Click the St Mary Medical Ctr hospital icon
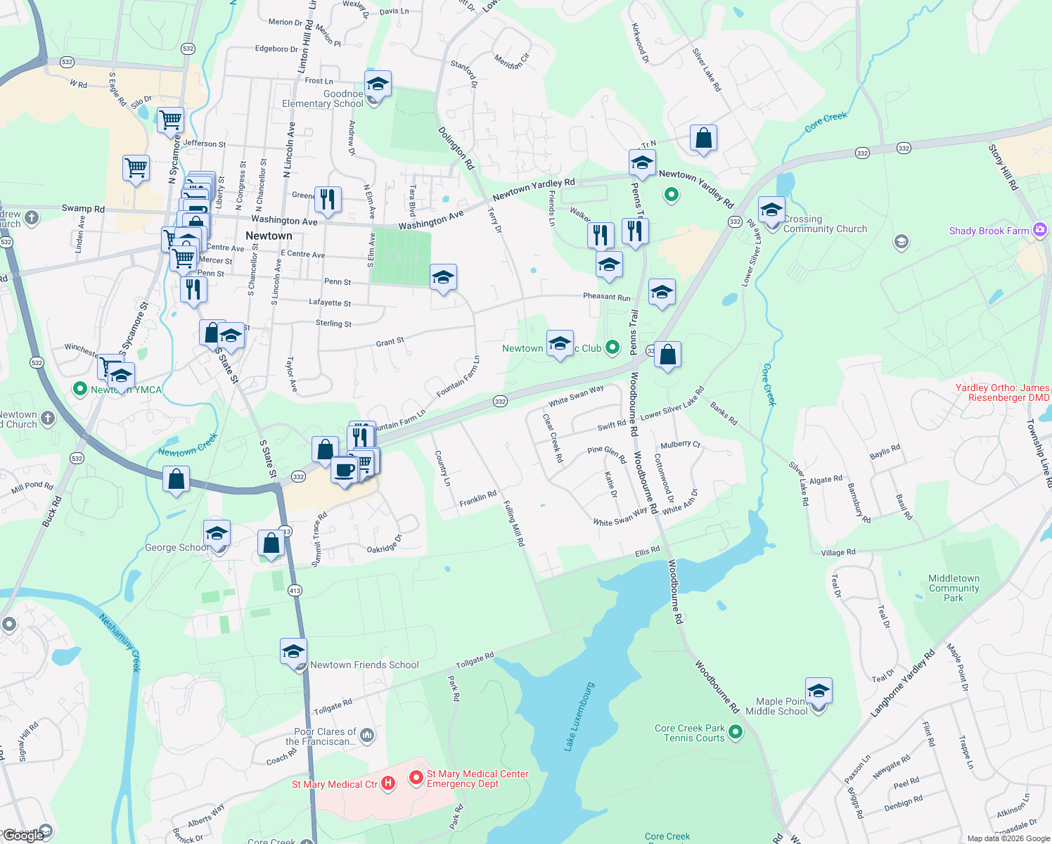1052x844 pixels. [x=387, y=784]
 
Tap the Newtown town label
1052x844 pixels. [x=269, y=236]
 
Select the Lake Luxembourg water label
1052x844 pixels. [x=579, y=717]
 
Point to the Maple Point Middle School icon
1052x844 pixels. [x=819, y=692]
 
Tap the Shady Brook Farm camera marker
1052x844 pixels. [x=1039, y=230]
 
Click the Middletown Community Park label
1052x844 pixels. [x=954, y=588]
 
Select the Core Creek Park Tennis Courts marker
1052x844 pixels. [x=736, y=732]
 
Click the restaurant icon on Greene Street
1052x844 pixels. [x=328, y=200]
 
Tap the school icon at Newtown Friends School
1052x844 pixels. [x=293, y=652]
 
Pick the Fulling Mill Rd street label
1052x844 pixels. [x=513, y=523]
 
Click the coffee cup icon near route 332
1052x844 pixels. [x=344, y=470]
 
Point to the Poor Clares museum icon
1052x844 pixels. [x=366, y=736]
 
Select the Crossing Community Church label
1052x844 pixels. [x=825, y=224]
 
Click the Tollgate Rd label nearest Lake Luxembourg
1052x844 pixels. [x=475, y=660]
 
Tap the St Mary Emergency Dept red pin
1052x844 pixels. [x=416, y=778]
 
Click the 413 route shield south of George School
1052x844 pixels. [x=295, y=590]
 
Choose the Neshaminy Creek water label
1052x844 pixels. [x=120, y=642]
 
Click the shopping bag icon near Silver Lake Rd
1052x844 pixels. [x=703, y=139]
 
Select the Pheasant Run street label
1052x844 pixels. [x=606, y=297]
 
